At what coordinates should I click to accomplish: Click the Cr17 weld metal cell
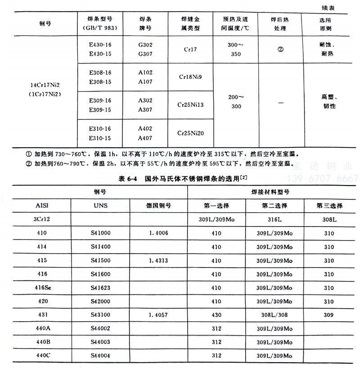(x=190, y=49)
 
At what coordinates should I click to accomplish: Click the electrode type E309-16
(x=100, y=101)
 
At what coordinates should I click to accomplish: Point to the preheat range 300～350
(x=235, y=50)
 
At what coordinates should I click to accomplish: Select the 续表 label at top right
(x=340, y=8)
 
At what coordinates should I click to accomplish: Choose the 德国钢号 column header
(x=158, y=206)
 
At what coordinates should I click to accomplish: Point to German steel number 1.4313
(x=158, y=260)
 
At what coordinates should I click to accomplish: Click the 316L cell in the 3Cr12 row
(x=274, y=220)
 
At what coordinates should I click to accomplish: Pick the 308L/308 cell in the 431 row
(x=274, y=314)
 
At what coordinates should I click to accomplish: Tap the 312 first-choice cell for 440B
(x=216, y=341)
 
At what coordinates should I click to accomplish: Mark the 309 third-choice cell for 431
(x=329, y=314)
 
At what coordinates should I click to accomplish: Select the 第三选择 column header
(x=329, y=206)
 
